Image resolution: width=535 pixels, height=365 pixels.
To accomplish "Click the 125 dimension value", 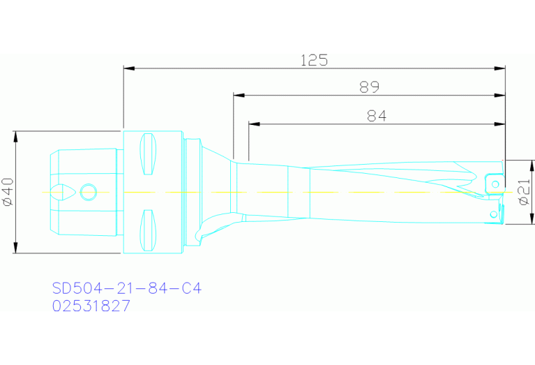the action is click(314, 60).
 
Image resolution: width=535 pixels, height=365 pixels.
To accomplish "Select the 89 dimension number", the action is click(370, 87).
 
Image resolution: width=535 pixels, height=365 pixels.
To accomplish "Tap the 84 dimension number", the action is click(377, 116).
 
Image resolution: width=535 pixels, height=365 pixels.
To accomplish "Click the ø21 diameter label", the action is click(525, 192).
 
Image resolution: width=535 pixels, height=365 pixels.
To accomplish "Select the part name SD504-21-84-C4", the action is click(126, 288).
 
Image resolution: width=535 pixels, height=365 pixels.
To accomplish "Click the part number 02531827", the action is click(91, 306).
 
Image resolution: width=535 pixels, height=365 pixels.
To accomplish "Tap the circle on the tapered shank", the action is click(89, 192).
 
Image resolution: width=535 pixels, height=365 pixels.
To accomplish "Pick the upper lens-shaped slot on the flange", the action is click(148, 154).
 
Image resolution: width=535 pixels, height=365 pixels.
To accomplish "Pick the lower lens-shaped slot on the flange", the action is click(148, 230).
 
